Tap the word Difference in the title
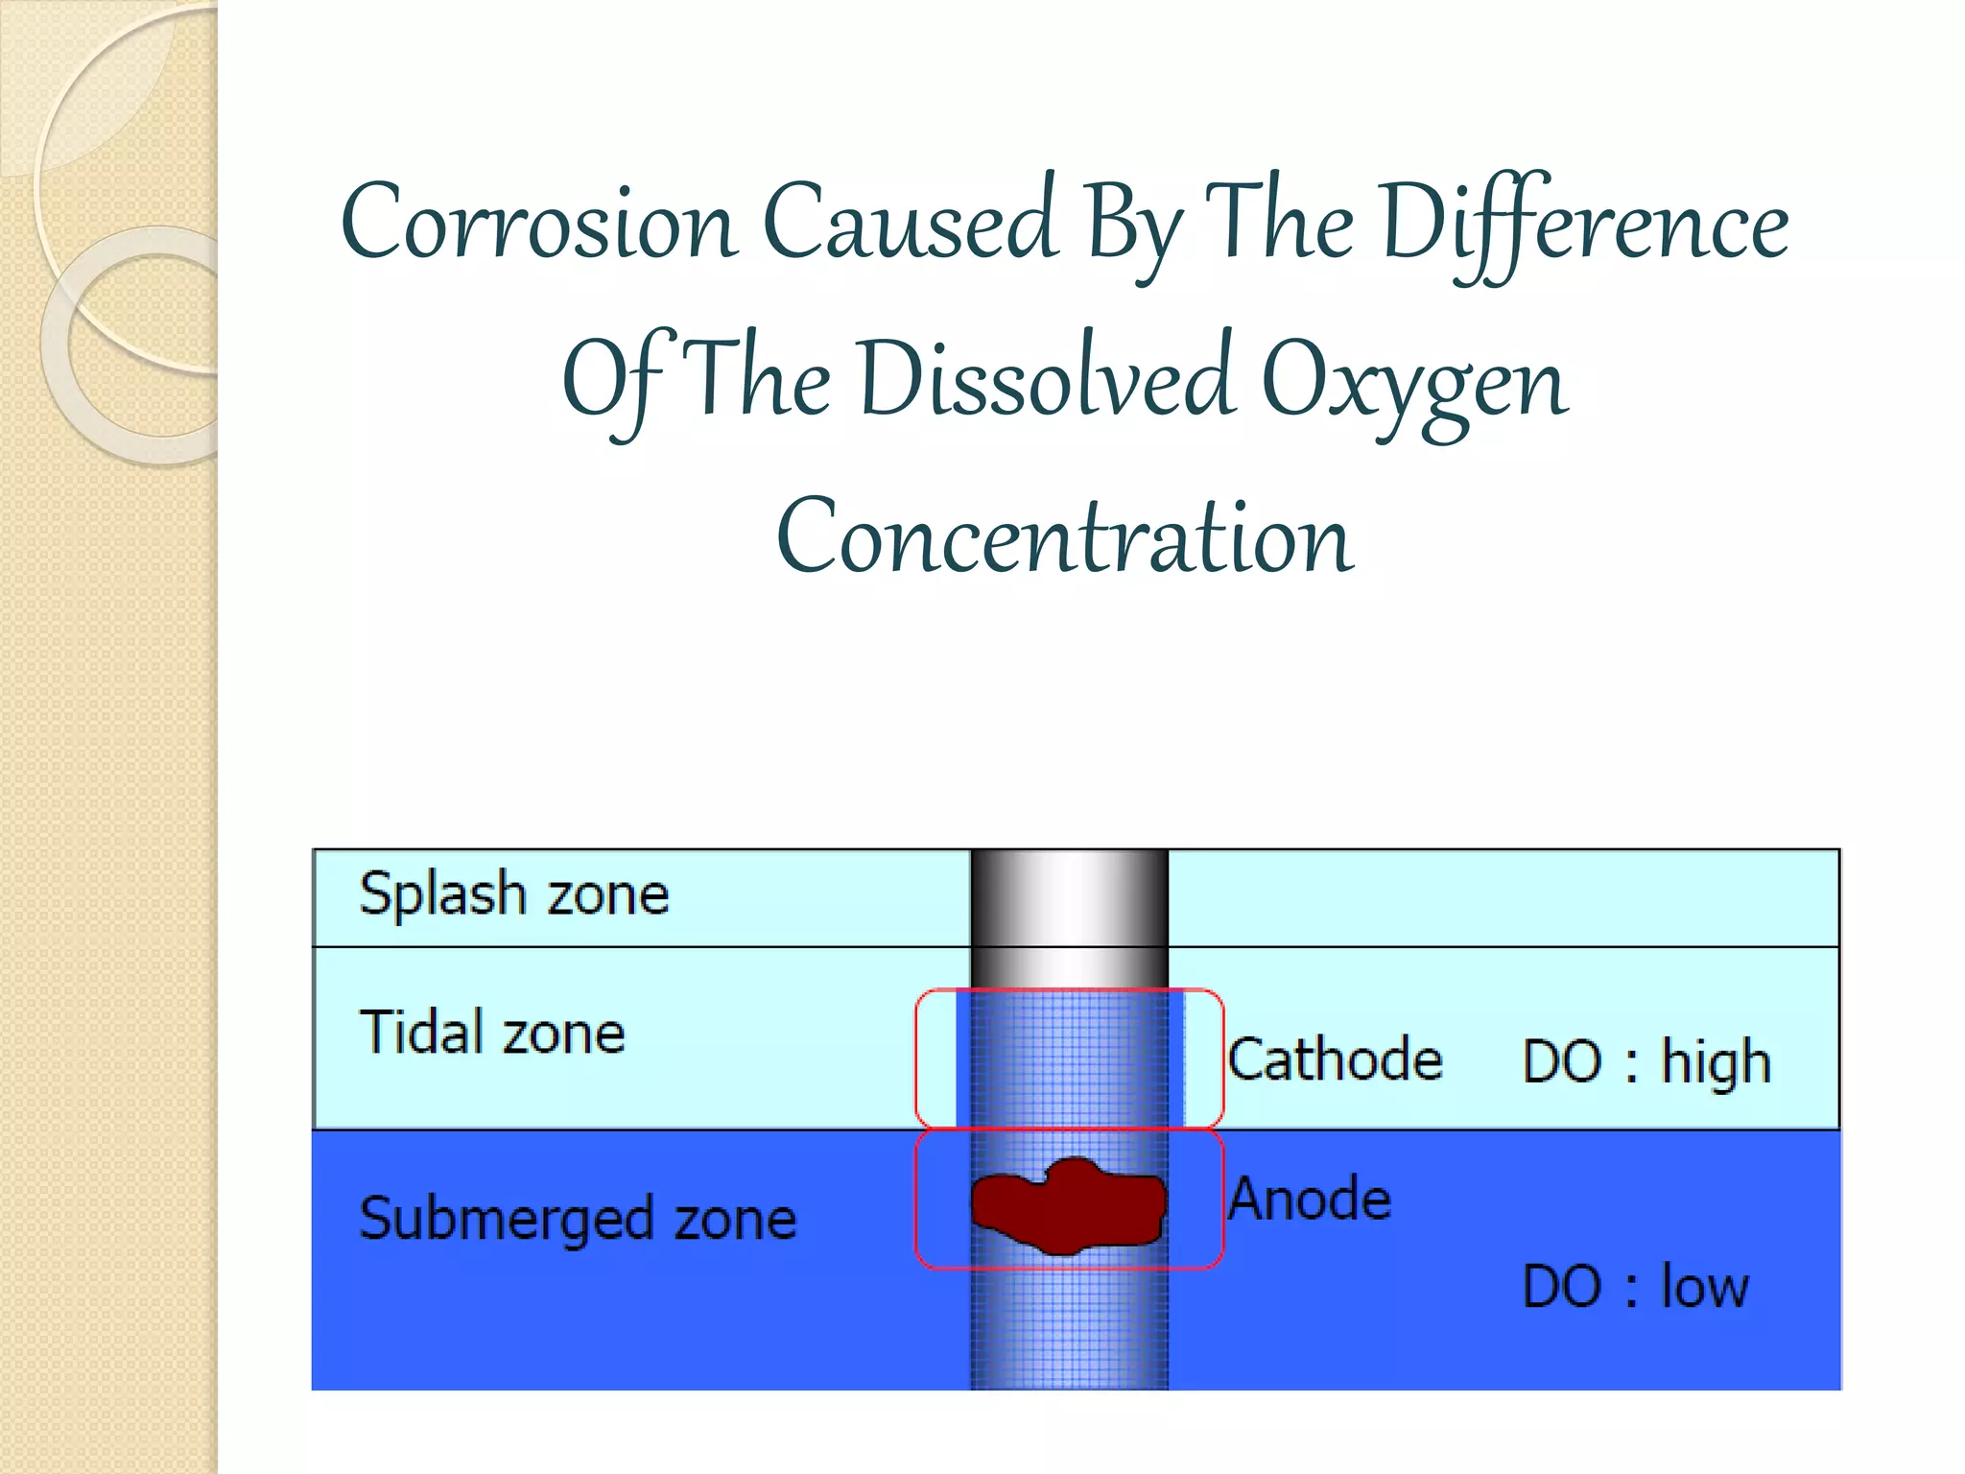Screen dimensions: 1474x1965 click(1584, 223)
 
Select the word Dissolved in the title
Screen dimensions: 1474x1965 click(1045, 380)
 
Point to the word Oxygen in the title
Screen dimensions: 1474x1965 click(1414, 382)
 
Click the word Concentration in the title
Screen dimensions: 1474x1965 click(1065, 537)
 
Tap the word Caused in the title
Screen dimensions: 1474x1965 click(911, 223)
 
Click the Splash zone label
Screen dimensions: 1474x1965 click(514, 894)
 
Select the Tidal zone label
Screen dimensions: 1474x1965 click(492, 1033)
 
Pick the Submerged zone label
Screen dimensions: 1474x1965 click(578, 1219)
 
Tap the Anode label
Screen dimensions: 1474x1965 click(1310, 1200)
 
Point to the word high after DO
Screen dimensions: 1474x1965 click(1716, 1063)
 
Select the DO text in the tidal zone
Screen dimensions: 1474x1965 click(1562, 1061)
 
